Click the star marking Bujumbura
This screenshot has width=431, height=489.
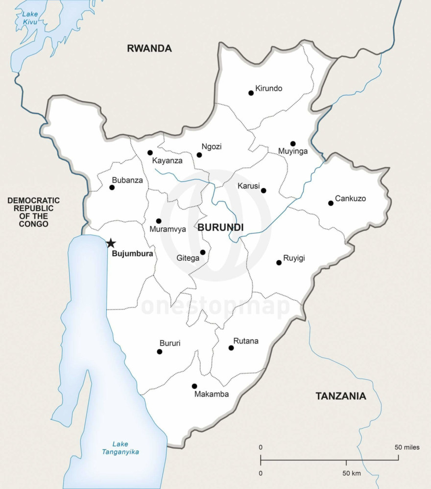111,243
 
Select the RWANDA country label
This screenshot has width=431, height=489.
149,49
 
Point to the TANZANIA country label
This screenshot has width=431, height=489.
340,396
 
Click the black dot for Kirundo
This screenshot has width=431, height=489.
251,93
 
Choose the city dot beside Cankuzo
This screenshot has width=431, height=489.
331,203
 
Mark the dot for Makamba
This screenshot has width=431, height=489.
194,386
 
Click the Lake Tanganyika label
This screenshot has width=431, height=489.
120,448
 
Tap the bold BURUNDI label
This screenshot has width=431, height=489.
220,227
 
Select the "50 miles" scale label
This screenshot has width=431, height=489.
407,447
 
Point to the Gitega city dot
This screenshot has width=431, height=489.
203,252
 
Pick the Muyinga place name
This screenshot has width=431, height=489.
293,151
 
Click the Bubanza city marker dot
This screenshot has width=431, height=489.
112,187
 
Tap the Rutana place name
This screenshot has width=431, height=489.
246,341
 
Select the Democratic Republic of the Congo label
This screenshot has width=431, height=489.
34,212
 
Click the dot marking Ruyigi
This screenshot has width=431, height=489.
279,263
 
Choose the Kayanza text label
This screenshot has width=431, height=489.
167,161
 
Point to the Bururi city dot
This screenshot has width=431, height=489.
160,352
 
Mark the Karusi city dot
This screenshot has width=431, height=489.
263,191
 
